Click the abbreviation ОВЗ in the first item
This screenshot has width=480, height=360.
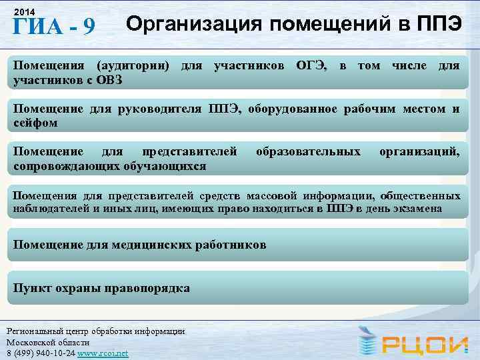(x=105, y=81)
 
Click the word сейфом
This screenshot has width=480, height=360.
(x=36, y=123)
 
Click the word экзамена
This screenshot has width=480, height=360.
(x=419, y=209)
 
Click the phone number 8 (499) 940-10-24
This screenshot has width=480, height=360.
(x=41, y=353)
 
